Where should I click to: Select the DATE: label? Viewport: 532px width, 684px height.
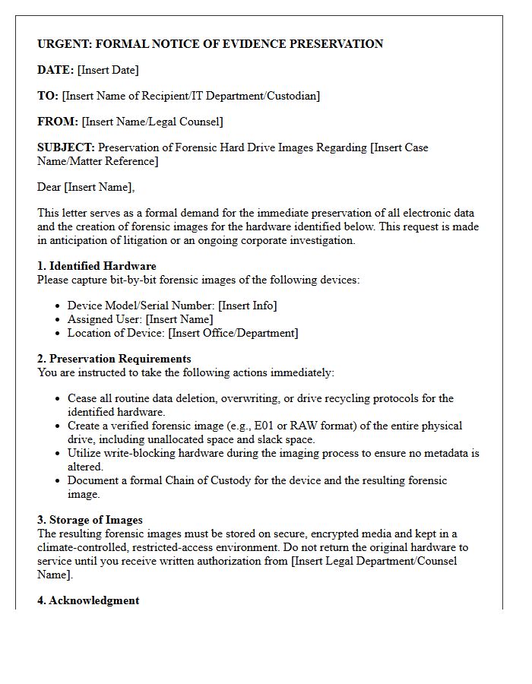pyautogui.click(x=55, y=70)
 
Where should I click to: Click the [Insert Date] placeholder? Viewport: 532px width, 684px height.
pyautogui.click(x=108, y=70)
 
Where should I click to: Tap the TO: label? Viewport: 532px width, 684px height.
pyautogui.click(x=48, y=96)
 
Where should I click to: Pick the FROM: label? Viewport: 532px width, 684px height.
pyautogui.click(x=58, y=122)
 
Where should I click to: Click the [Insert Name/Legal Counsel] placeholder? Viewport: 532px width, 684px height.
pyautogui.click(x=152, y=122)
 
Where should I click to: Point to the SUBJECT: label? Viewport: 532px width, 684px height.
pyautogui.click(x=66, y=147)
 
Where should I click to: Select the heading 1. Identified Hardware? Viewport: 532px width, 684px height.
pyautogui.click(x=97, y=266)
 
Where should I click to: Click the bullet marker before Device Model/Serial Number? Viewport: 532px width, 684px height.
pyautogui.click(x=59, y=306)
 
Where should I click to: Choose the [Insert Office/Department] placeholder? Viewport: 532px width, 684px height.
pyautogui.click(x=233, y=333)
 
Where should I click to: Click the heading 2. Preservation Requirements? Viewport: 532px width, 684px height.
pyautogui.click(x=114, y=359)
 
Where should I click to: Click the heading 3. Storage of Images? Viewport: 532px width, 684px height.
pyautogui.click(x=90, y=520)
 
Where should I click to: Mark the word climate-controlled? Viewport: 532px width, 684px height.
pyautogui.click(x=84, y=547)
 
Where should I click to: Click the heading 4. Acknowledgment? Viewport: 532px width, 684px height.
pyautogui.click(x=88, y=600)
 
